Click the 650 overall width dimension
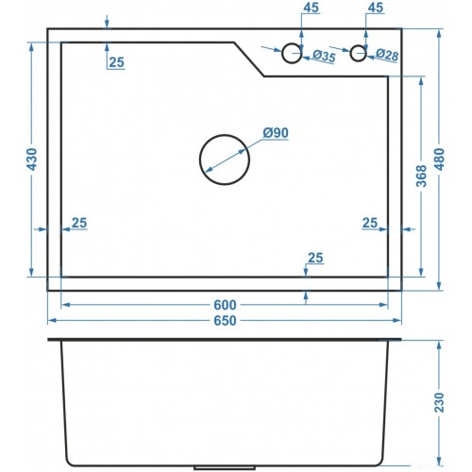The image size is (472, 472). coord(225,321)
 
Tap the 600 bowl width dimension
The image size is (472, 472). coord(225,305)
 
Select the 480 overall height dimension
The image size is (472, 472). coord(440,160)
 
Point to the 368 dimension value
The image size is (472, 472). coord(421,176)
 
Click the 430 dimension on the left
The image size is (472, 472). coord(32,160)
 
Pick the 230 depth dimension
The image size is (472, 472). coord(439,402)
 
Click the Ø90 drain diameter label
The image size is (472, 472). coord(276,133)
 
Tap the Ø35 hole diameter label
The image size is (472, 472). coord(324,57)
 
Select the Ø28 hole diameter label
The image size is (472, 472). coord(387,56)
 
